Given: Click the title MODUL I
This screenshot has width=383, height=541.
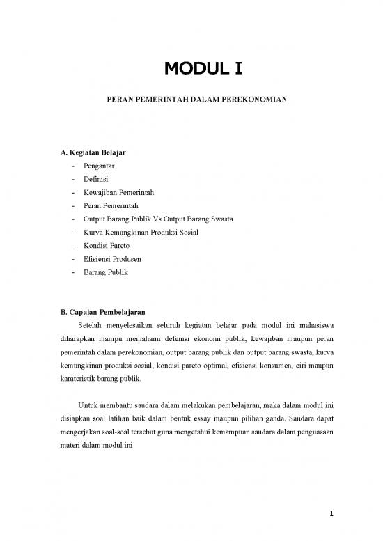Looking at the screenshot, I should tap(201, 69).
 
